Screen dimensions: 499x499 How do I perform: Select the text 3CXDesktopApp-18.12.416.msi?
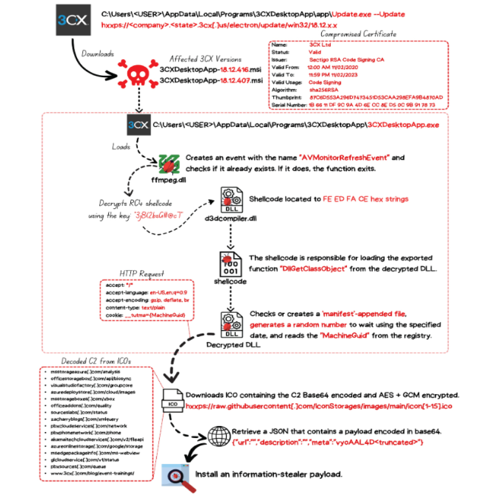(211, 70)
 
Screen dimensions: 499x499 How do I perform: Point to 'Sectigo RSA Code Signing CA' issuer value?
(347, 60)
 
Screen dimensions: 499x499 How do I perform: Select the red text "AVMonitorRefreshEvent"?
(345, 158)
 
